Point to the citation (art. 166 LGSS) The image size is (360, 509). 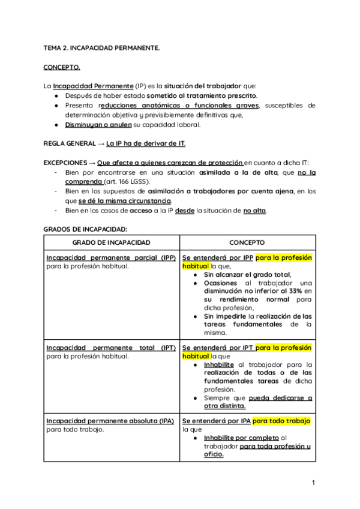click(x=127, y=182)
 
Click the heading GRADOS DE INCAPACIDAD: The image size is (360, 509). click(x=85, y=229)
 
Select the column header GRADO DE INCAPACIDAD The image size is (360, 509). click(x=111, y=242)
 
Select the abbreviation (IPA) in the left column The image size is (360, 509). click(x=166, y=421)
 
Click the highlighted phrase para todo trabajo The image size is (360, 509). click(x=281, y=421)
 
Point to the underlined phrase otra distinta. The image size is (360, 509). click(x=226, y=406)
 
